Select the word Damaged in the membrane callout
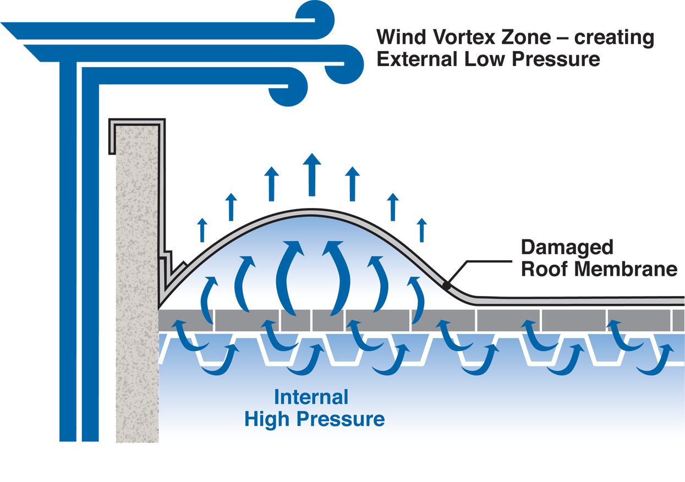point(567,247)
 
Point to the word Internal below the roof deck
point(311,397)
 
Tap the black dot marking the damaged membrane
point(447,285)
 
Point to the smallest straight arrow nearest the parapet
point(203,230)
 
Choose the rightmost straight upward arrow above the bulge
point(421,230)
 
